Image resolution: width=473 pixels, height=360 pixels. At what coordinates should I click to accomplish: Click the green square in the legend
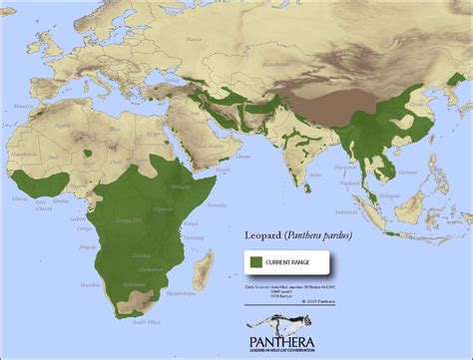point(255,260)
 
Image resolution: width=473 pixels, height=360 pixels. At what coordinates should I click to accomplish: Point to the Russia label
point(299,30)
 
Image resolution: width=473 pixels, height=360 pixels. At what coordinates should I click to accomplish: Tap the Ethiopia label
point(185,186)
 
